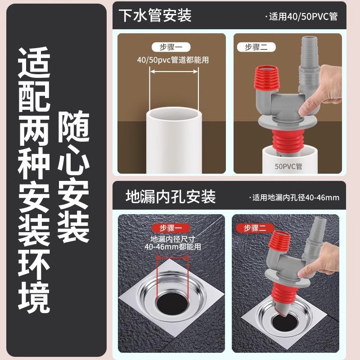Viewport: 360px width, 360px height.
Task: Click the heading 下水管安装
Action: [155, 15]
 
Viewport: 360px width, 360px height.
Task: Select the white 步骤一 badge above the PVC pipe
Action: [168, 47]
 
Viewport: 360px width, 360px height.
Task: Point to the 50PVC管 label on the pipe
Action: [288, 166]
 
